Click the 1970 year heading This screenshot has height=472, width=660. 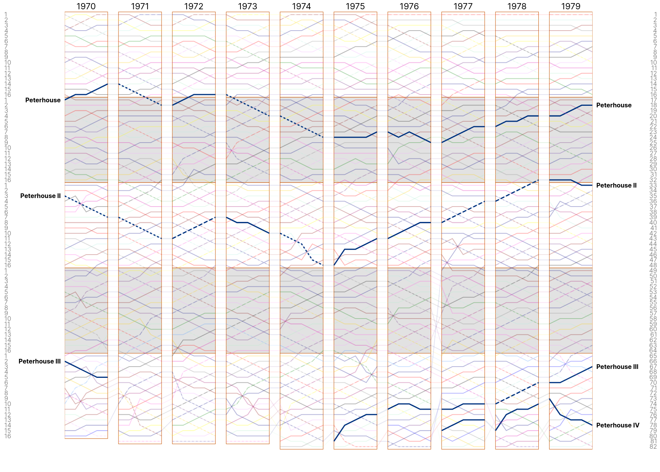pyautogui.click(x=86, y=6)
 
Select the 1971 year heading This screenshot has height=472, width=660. pyautogui.click(x=140, y=6)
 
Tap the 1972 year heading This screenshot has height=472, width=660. pyautogui.click(x=194, y=6)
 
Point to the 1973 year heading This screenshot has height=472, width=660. pyautogui.click(x=247, y=6)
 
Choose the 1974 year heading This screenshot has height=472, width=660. pyautogui.click(x=301, y=6)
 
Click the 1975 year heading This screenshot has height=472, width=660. pyautogui.click(x=355, y=6)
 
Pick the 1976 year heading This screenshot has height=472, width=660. pyautogui.click(x=409, y=6)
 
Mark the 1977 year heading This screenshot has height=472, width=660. pyautogui.click(x=463, y=6)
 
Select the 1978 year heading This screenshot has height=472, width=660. pyautogui.click(x=517, y=6)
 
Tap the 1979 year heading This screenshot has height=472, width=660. pyautogui.click(x=571, y=6)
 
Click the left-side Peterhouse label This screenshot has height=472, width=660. pyautogui.click(x=43, y=100)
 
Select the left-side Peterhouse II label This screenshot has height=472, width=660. pyautogui.click(x=40, y=196)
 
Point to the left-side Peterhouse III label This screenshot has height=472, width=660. pyautogui.click(x=40, y=361)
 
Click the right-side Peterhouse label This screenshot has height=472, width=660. pyautogui.click(x=614, y=105)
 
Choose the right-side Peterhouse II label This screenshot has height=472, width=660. pyautogui.click(x=616, y=185)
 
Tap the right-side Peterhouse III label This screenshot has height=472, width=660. pyautogui.click(x=617, y=367)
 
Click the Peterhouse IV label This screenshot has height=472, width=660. pyautogui.click(x=617, y=425)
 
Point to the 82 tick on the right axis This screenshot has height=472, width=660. pyautogui.click(x=653, y=446)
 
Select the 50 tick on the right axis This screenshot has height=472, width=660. pyautogui.click(x=653, y=276)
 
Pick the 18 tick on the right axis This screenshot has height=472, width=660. pyautogui.click(x=653, y=105)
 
